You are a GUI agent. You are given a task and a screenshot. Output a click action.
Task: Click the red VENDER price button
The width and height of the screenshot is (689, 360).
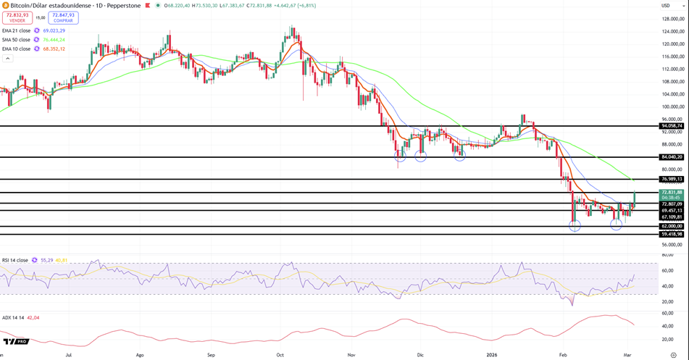(x=17, y=17)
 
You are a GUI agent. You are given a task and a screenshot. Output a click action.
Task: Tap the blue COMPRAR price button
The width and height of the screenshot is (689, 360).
(x=64, y=17)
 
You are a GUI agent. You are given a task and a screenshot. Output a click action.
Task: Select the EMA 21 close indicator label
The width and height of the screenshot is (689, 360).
(x=17, y=30)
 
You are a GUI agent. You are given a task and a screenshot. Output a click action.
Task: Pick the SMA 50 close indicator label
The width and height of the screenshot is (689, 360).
(x=17, y=40)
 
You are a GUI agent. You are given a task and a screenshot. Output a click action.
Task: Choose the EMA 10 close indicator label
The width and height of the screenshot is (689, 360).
(x=17, y=49)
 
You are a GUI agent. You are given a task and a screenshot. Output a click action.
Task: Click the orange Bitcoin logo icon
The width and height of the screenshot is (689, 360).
(x=5, y=5)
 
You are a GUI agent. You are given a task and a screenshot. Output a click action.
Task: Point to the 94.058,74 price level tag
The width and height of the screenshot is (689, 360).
(x=672, y=126)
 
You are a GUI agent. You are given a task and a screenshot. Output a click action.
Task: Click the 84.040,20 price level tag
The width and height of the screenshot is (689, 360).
(x=672, y=157)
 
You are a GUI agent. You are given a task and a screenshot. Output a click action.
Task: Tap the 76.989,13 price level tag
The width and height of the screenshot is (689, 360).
(x=672, y=179)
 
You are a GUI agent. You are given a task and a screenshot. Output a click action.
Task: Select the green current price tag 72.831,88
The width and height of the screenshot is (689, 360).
(x=672, y=193)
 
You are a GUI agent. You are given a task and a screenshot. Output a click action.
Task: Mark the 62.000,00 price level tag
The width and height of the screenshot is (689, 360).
(x=672, y=226)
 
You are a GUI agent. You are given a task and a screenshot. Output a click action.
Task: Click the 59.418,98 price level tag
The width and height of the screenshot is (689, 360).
(x=672, y=234)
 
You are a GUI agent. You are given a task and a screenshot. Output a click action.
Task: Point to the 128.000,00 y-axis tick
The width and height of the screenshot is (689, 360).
(x=673, y=18)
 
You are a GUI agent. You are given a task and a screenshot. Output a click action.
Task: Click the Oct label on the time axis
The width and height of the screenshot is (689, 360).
(x=280, y=355)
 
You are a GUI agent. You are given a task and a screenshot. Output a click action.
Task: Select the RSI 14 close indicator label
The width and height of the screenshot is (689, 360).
(x=15, y=260)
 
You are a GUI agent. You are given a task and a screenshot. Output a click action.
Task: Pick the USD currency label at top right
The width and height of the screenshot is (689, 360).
(x=665, y=6)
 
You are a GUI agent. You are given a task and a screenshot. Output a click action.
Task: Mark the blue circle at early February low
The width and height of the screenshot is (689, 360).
(x=575, y=226)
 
